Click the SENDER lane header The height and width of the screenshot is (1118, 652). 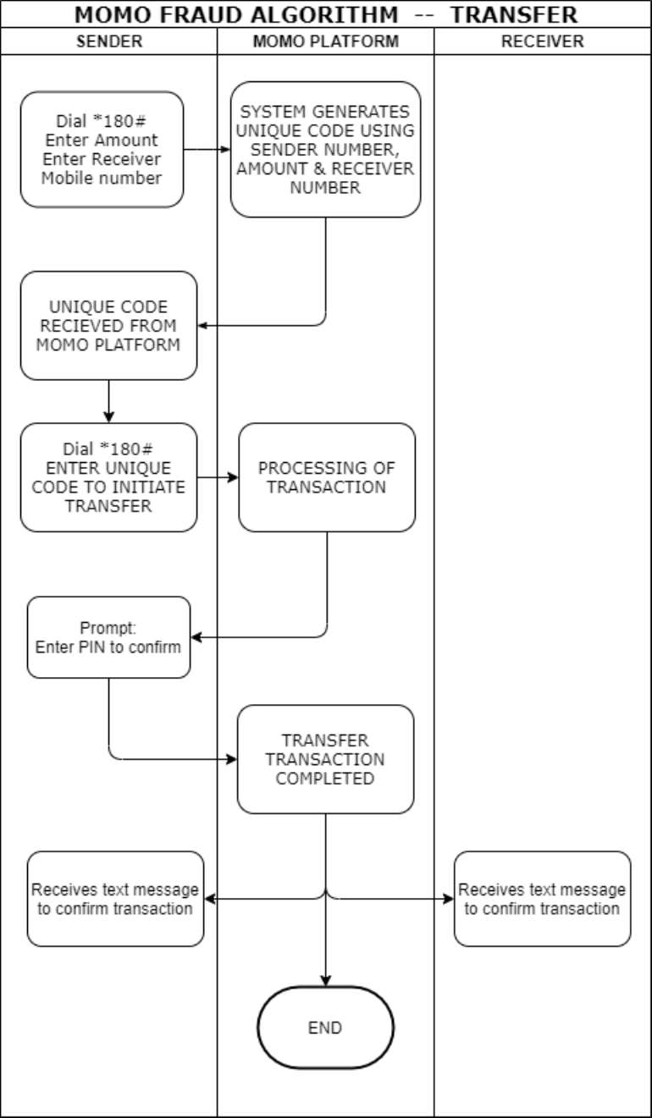click(108, 41)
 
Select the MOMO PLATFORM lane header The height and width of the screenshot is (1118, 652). click(325, 41)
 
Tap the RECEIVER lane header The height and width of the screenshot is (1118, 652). click(543, 41)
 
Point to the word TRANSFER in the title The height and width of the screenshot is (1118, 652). click(514, 14)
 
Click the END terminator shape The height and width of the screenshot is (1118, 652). click(325, 1027)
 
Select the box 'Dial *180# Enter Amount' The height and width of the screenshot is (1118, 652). click(102, 150)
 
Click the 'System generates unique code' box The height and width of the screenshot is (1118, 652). click(325, 150)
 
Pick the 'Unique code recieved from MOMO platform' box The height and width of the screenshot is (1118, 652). click(108, 326)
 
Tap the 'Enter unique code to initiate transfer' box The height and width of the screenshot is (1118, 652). click(108, 477)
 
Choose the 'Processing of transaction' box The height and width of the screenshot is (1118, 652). click(326, 477)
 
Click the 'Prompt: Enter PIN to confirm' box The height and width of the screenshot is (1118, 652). click(108, 637)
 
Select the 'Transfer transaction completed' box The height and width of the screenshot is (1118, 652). click(325, 759)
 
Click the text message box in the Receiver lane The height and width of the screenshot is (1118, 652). click(542, 899)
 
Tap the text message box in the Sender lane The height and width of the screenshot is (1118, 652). click(115, 899)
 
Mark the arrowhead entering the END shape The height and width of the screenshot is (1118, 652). click(325, 981)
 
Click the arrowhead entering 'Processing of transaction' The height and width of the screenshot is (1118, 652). click(233, 477)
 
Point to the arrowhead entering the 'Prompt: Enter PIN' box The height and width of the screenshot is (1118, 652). click(196, 637)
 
